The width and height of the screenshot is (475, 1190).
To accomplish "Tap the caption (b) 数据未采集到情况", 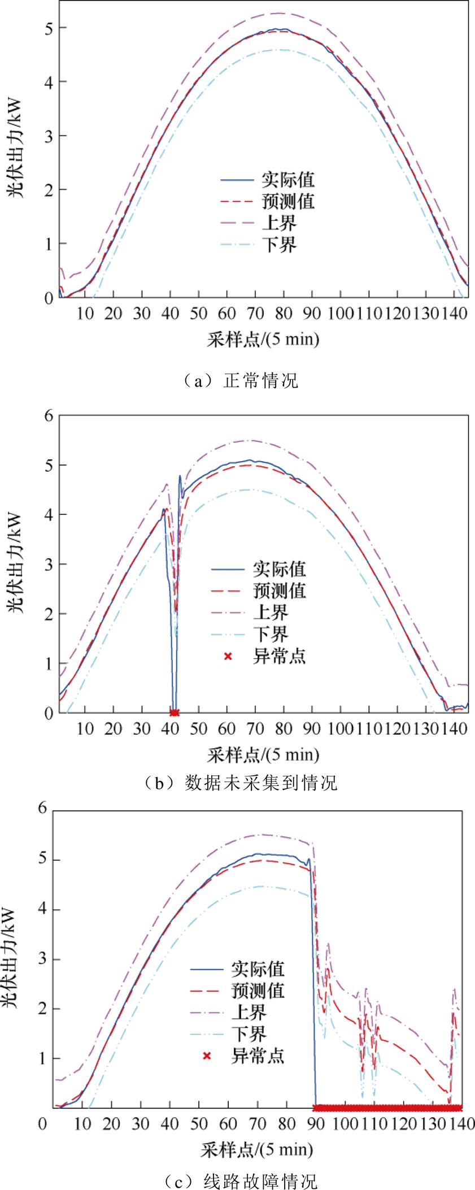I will pos(238,783).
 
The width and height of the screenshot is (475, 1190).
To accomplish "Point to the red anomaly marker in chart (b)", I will pos(175,713).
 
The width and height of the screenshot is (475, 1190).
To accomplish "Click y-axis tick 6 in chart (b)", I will pos(48,416).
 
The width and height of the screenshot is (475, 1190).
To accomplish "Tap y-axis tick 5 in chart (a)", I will pos(48,28).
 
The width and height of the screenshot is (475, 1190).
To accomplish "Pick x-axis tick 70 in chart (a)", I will pos(255,313).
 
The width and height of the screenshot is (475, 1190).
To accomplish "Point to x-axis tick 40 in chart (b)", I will pos(170,728).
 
